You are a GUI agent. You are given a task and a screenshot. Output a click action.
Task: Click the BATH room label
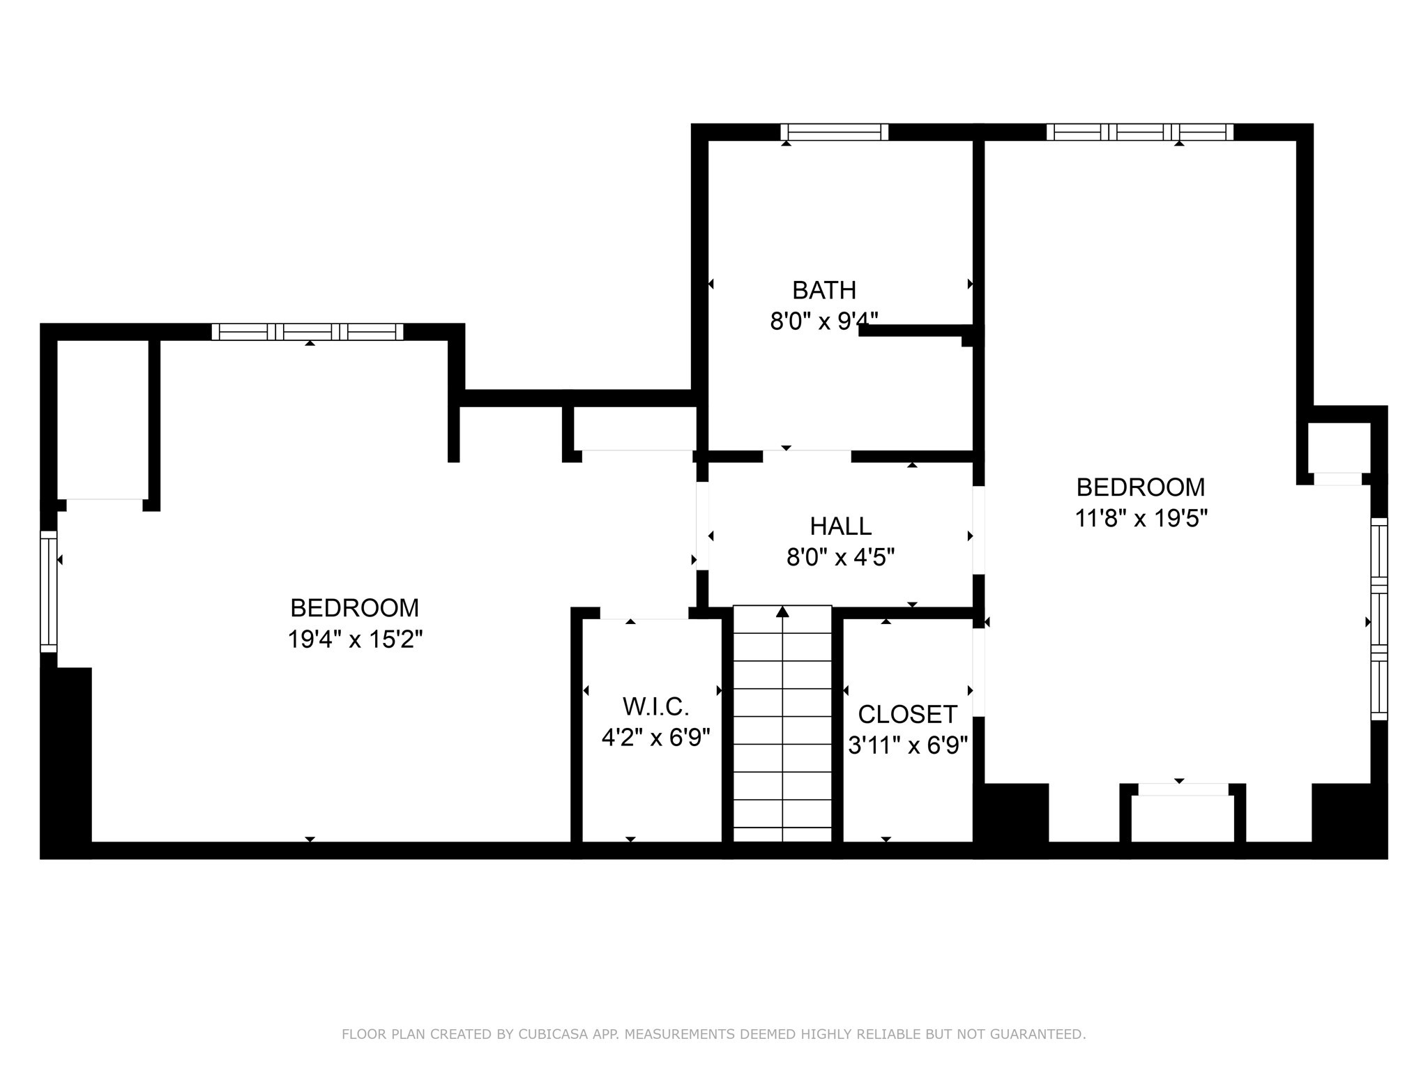point(824,289)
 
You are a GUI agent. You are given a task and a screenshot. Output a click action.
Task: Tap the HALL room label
point(841,526)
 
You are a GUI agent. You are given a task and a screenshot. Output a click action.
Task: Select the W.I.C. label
point(656,706)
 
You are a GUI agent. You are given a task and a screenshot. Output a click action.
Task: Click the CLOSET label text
point(907,714)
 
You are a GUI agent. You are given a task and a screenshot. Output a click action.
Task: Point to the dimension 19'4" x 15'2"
point(356,639)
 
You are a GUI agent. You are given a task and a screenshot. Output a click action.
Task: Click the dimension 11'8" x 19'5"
point(1141,518)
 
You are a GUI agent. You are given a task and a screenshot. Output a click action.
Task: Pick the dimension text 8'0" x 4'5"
point(841,557)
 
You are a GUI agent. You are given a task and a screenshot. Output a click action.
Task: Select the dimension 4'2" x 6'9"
point(656,737)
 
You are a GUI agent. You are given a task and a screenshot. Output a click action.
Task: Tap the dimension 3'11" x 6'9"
point(908,745)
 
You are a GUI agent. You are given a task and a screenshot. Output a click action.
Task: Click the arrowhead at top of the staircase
point(782,612)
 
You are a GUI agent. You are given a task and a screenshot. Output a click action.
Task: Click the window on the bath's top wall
point(835,132)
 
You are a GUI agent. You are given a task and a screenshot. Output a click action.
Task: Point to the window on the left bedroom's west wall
point(48,591)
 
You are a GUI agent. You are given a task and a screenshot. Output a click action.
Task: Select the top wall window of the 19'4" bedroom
point(307,332)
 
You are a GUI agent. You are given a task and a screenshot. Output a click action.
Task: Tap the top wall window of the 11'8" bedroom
point(1140,132)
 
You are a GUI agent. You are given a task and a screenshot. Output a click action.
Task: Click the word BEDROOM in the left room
point(355,608)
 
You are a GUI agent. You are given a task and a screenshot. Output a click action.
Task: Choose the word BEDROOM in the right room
point(1141,487)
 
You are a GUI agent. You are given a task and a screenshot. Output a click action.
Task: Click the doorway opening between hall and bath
point(807,456)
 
